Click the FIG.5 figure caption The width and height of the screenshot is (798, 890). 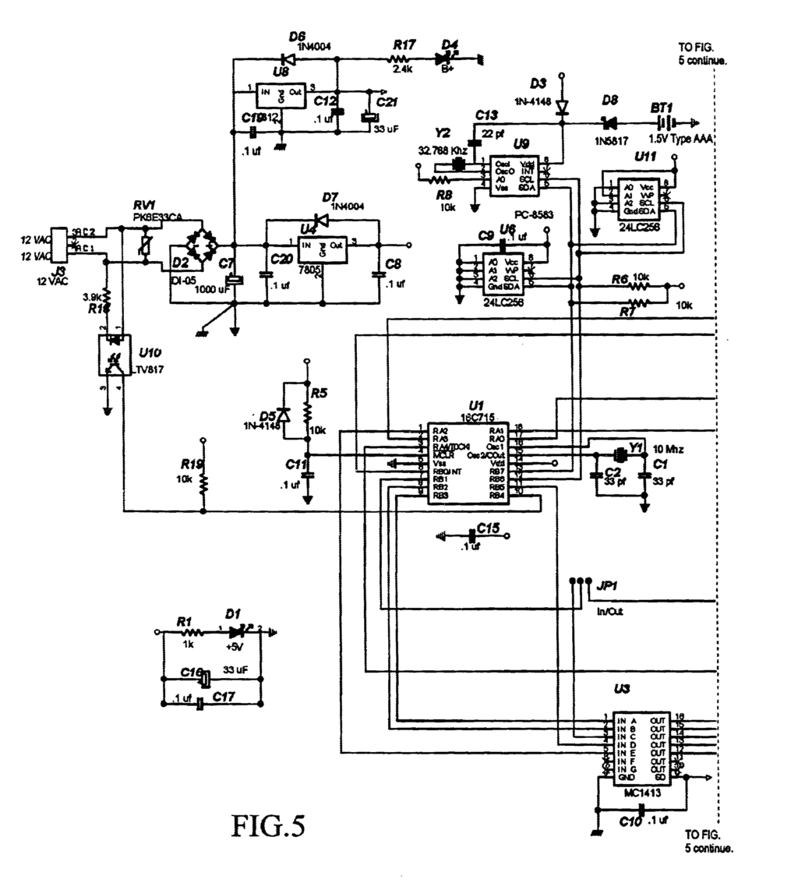(267, 826)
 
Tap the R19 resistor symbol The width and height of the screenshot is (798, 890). (203, 483)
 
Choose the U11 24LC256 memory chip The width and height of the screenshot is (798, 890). (638, 200)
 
